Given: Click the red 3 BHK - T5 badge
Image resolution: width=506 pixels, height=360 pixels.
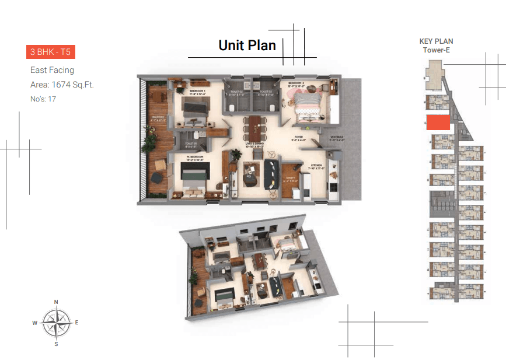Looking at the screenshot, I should coord(50,52).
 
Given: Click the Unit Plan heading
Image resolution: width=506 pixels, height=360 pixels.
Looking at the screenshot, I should coord(247,45).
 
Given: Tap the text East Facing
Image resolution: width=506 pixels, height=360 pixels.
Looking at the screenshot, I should coord(52,70).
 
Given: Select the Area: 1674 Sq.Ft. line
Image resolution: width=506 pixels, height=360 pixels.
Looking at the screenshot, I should coord(62,85).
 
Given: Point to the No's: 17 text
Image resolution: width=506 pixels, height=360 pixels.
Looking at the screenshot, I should coord(43,99).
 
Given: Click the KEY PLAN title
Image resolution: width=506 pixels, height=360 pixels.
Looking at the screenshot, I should coord(436,41).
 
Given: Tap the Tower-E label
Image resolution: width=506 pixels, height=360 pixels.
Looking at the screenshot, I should coord(436,50).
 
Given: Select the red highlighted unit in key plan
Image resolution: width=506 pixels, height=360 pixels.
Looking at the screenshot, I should coord(438,123).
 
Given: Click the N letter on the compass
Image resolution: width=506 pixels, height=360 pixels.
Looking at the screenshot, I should coord(56,302).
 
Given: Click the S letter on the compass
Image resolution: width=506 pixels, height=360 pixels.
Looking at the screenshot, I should coord(56,344).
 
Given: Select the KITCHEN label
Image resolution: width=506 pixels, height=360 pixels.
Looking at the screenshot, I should coord(316,166).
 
